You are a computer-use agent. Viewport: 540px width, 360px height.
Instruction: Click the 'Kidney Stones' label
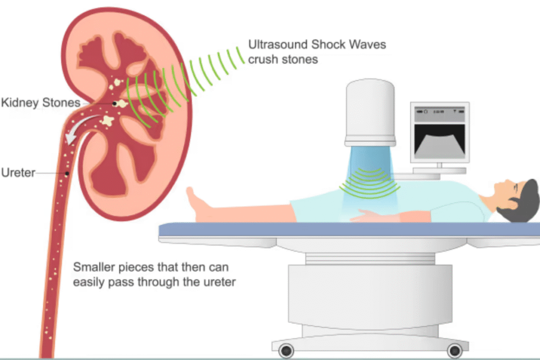[x=41, y=102]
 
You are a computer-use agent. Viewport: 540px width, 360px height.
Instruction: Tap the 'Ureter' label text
[x=18, y=172]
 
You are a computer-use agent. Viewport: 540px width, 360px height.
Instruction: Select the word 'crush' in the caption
[x=262, y=59]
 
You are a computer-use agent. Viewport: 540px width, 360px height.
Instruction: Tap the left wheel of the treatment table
[x=286, y=350]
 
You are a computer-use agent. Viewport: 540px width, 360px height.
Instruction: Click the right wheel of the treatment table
[x=454, y=350]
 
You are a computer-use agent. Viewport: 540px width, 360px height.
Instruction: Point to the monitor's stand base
[x=439, y=170]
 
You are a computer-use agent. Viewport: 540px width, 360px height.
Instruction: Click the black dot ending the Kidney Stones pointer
[x=114, y=104]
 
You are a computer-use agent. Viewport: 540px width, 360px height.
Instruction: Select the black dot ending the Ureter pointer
[x=67, y=173]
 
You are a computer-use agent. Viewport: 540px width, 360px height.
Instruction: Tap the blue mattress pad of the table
[x=348, y=229]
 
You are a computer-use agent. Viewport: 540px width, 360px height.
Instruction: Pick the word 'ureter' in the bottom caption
[x=219, y=282]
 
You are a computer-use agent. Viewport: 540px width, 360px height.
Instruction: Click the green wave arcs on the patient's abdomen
[x=369, y=182]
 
